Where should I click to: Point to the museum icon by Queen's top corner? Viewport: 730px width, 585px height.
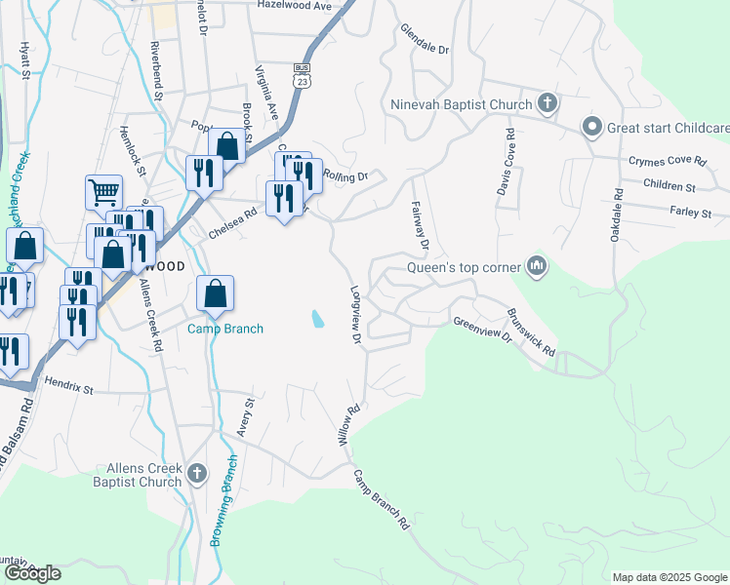tap(536, 264)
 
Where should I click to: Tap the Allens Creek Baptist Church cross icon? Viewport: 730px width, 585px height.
tap(197, 474)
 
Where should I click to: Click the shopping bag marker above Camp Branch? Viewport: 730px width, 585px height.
tap(215, 292)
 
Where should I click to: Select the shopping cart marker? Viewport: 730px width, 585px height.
tap(103, 191)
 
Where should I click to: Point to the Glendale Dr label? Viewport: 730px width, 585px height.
tap(424, 38)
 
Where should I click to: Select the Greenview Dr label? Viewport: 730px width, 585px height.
tap(482, 329)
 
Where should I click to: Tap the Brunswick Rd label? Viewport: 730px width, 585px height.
tap(532, 332)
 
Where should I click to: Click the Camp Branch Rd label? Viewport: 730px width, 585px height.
tap(382, 500)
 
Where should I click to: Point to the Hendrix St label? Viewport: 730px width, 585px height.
tap(67, 388)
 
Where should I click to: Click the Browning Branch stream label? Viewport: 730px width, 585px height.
tap(223, 501)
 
